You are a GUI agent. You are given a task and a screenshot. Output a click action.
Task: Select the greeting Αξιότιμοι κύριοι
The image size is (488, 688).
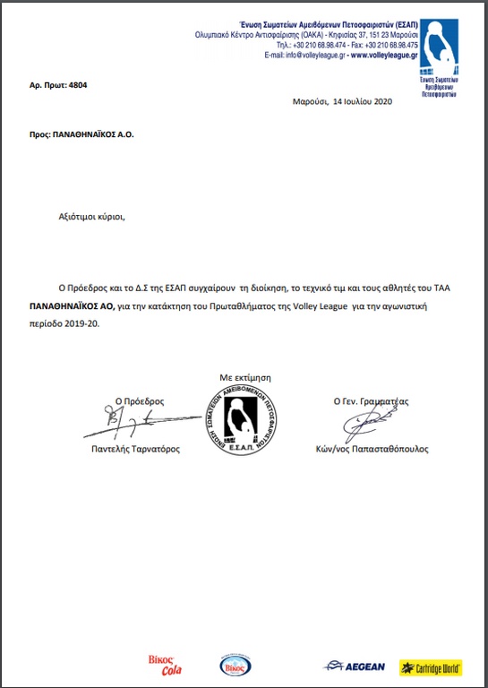click(88, 217)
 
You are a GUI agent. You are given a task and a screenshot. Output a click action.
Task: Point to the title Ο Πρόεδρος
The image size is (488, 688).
click(140, 402)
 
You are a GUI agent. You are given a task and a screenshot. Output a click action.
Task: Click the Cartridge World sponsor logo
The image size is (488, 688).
click(431, 667)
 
